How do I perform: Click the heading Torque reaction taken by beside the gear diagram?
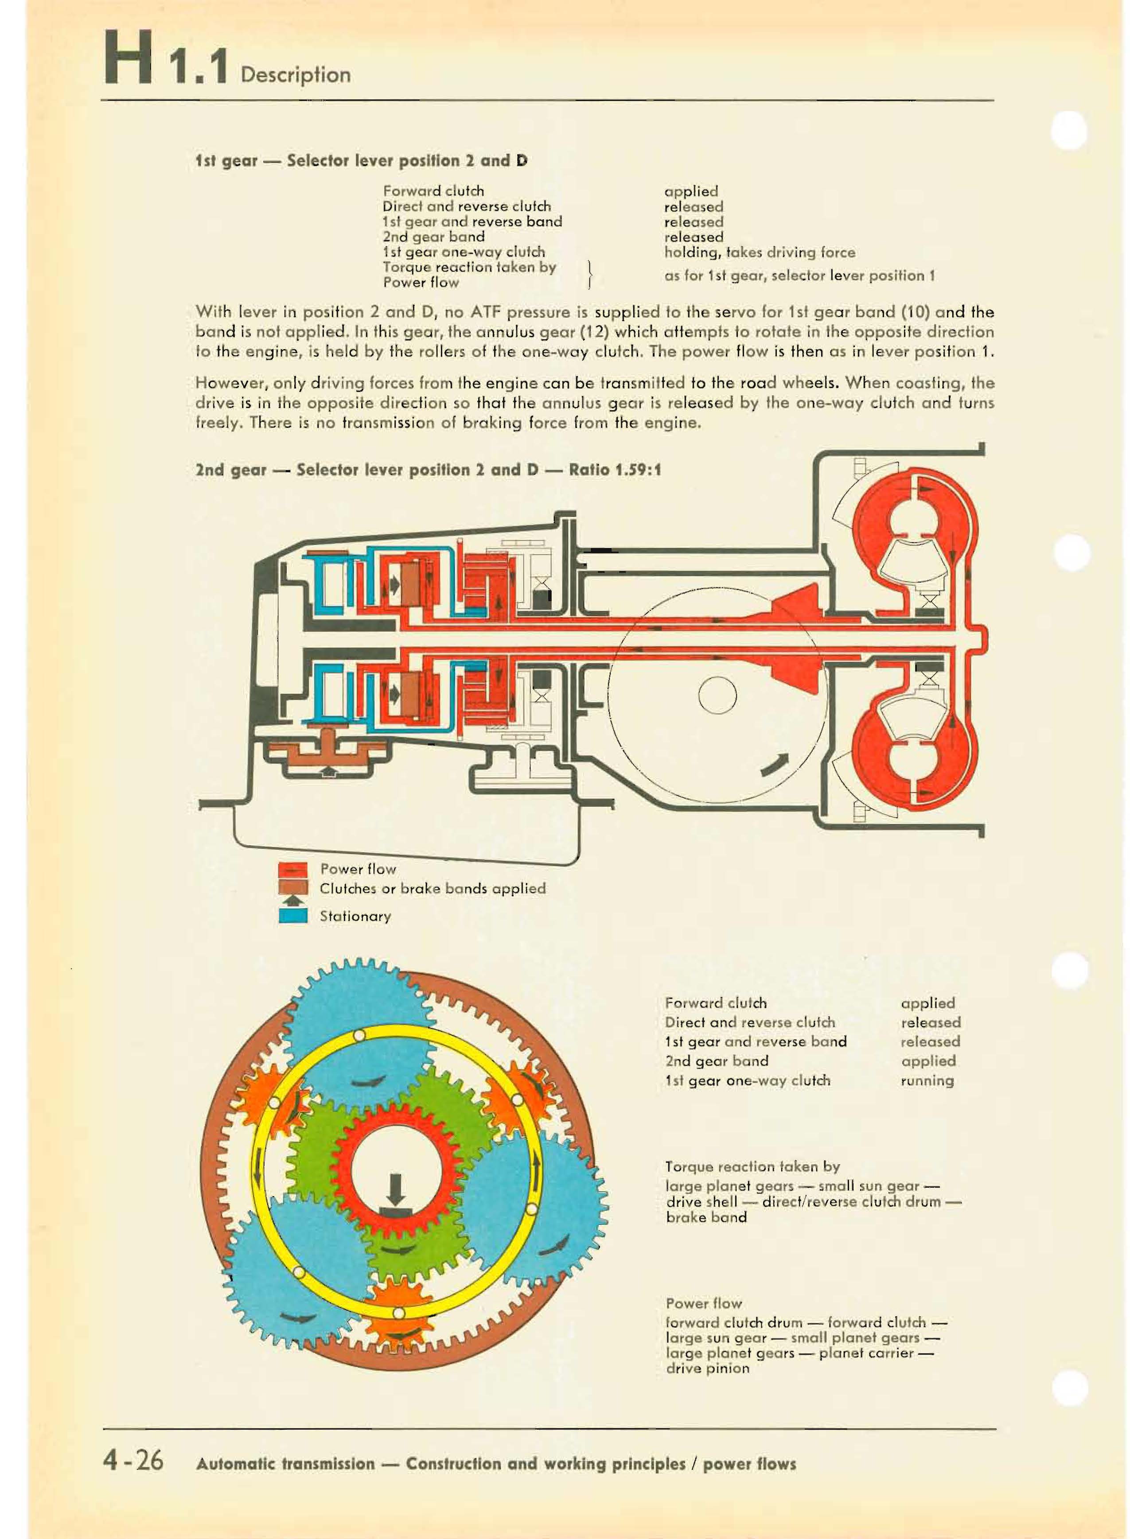(x=752, y=1166)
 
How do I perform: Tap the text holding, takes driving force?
(x=759, y=252)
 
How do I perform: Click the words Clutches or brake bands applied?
(x=433, y=889)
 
